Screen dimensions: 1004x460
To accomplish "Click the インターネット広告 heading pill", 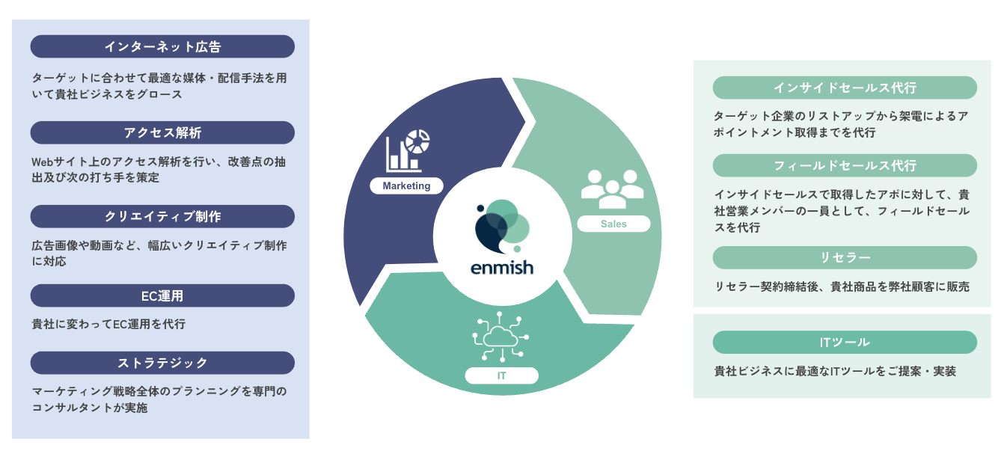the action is (162, 46).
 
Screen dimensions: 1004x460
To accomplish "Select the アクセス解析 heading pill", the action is (162, 132).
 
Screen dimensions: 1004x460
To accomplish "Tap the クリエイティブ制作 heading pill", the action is (162, 216).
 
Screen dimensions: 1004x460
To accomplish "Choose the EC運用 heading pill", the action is (162, 295).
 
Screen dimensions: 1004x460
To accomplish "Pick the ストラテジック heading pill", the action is (162, 363).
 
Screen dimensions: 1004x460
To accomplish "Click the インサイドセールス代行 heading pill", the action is (845, 88).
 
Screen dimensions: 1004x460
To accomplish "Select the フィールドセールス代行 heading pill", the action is (845, 166).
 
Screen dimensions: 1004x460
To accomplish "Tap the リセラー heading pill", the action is (845, 257).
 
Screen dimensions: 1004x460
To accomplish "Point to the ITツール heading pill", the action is (845, 343).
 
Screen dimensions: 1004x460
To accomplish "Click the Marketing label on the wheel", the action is (406, 186).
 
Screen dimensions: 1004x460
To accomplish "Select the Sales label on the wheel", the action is (613, 224).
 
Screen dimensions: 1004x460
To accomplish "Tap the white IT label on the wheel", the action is (501, 375).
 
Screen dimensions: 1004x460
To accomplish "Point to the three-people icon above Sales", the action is (612, 189).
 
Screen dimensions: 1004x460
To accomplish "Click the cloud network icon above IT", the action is (501, 337).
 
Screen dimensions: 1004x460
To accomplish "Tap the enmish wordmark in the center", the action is (502, 268).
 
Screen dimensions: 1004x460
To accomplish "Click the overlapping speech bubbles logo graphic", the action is (502, 227).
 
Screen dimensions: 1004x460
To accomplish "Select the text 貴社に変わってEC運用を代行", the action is (108, 325).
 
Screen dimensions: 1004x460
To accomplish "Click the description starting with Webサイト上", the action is (159, 170).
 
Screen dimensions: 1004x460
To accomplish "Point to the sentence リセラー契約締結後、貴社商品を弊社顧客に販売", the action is (842, 286).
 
